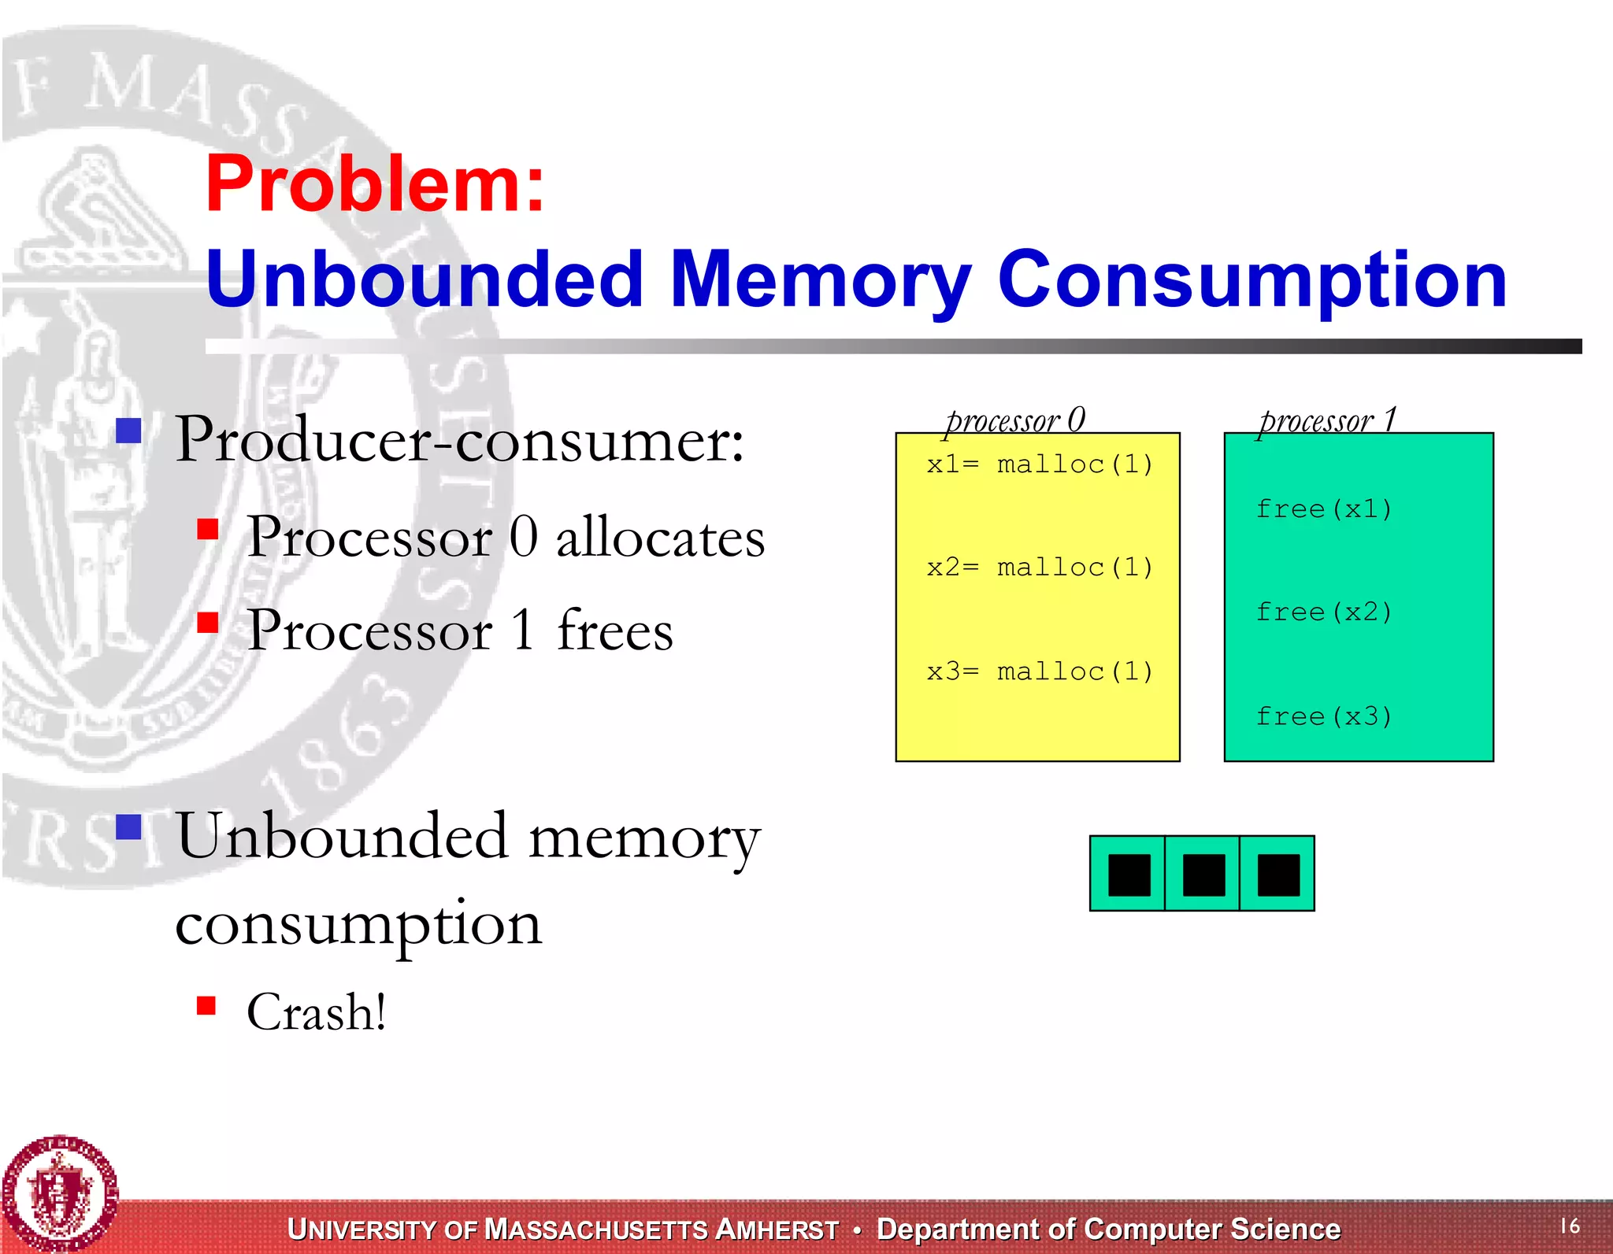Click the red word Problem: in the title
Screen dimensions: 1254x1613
point(375,185)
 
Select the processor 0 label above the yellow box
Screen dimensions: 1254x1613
point(1016,420)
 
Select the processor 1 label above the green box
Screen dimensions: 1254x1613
point(1328,420)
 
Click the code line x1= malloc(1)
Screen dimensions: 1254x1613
point(1040,464)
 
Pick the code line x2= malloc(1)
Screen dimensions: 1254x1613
point(1040,567)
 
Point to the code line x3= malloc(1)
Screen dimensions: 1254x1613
point(1040,671)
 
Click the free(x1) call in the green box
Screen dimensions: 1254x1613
point(1324,509)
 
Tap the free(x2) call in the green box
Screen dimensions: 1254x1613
point(1324,612)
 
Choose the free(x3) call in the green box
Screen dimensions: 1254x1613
point(1324,716)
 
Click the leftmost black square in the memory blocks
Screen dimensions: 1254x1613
point(1129,875)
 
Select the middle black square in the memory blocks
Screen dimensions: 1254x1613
point(1203,875)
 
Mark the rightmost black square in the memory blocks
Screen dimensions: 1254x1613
point(1278,875)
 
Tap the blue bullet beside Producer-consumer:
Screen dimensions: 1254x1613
point(128,431)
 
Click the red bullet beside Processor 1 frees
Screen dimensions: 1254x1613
point(208,623)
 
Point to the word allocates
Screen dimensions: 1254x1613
point(660,538)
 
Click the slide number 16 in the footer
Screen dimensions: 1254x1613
point(1570,1226)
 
